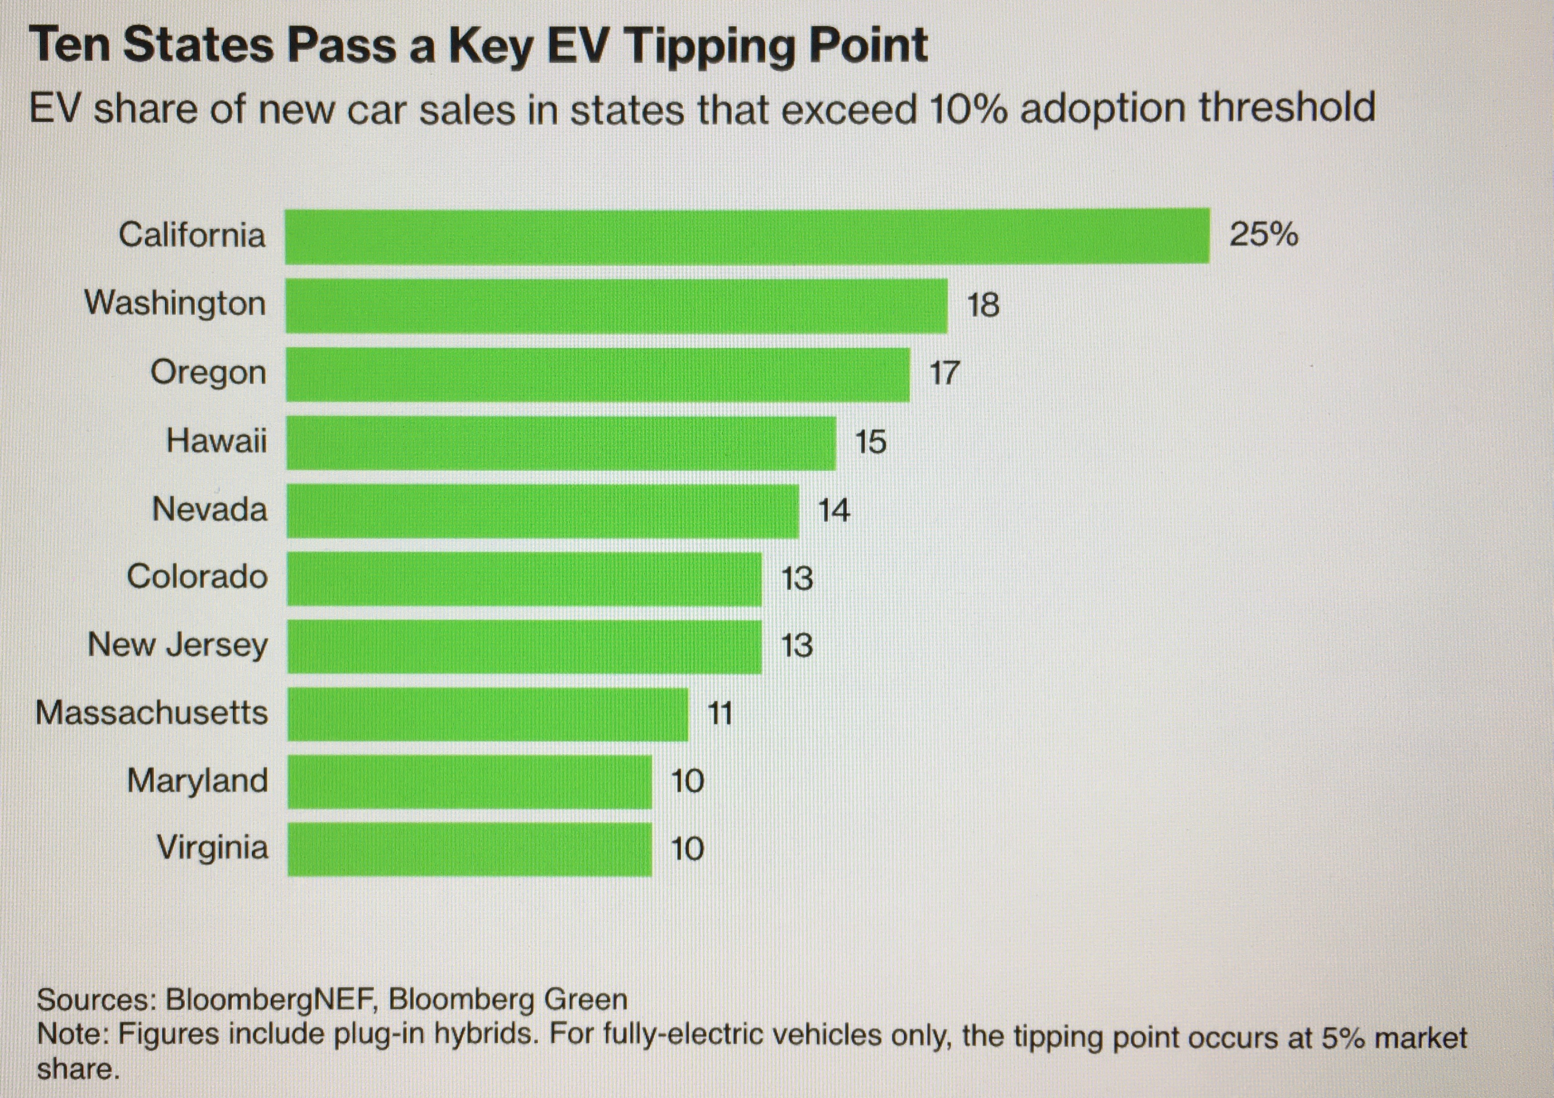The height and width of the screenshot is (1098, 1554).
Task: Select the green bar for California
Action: (747, 236)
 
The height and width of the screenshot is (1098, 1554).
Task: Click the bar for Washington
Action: (616, 305)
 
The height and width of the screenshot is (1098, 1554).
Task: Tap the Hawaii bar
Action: (561, 443)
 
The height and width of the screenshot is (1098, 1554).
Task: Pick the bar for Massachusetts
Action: (487, 714)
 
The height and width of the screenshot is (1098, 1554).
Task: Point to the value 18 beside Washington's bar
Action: (983, 305)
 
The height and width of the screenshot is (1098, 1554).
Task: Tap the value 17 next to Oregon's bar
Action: (944, 373)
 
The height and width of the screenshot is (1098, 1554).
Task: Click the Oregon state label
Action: (208, 373)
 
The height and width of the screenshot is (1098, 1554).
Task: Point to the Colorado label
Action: (197, 577)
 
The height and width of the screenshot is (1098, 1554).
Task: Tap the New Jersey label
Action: (177, 645)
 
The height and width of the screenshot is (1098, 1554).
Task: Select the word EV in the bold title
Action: (577, 46)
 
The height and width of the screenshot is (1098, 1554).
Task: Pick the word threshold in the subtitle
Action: (1287, 108)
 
